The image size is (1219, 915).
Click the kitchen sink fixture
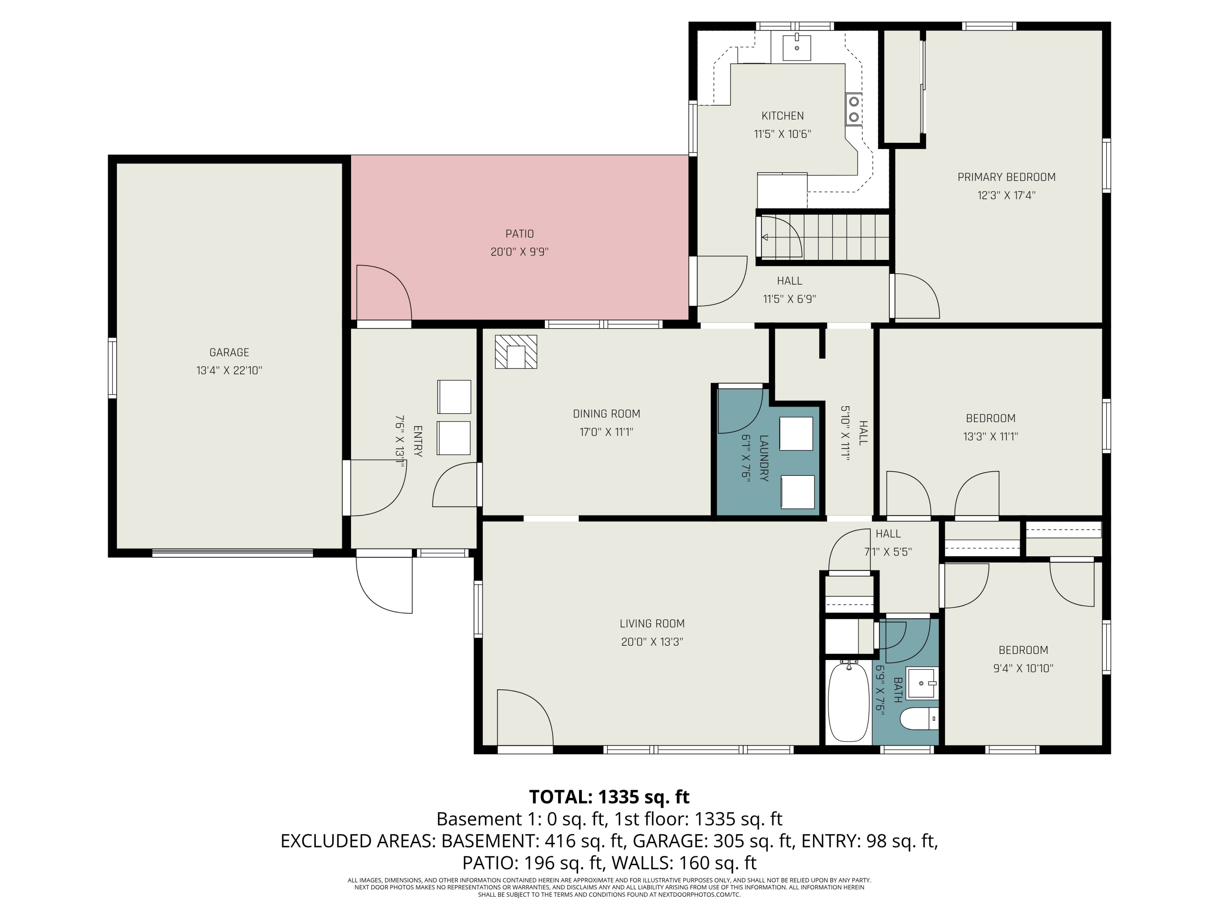pyautogui.click(x=796, y=48)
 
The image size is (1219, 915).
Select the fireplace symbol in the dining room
pyautogui.click(x=516, y=351)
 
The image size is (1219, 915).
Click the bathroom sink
pyautogui.click(x=922, y=684)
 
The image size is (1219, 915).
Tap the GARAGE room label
pyautogui.click(x=229, y=352)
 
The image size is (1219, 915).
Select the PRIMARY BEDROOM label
pyautogui.click(x=1006, y=177)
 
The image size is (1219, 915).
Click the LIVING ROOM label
pyautogui.click(x=652, y=623)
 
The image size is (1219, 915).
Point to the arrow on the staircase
pyautogui.click(x=765, y=237)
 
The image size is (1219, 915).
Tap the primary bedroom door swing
pyautogui.click(x=915, y=296)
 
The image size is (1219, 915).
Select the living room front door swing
pyautogui.click(x=523, y=717)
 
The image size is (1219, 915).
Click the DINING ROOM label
pyautogui.click(x=606, y=414)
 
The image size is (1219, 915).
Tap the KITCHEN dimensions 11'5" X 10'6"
pyautogui.click(x=782, y=134)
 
